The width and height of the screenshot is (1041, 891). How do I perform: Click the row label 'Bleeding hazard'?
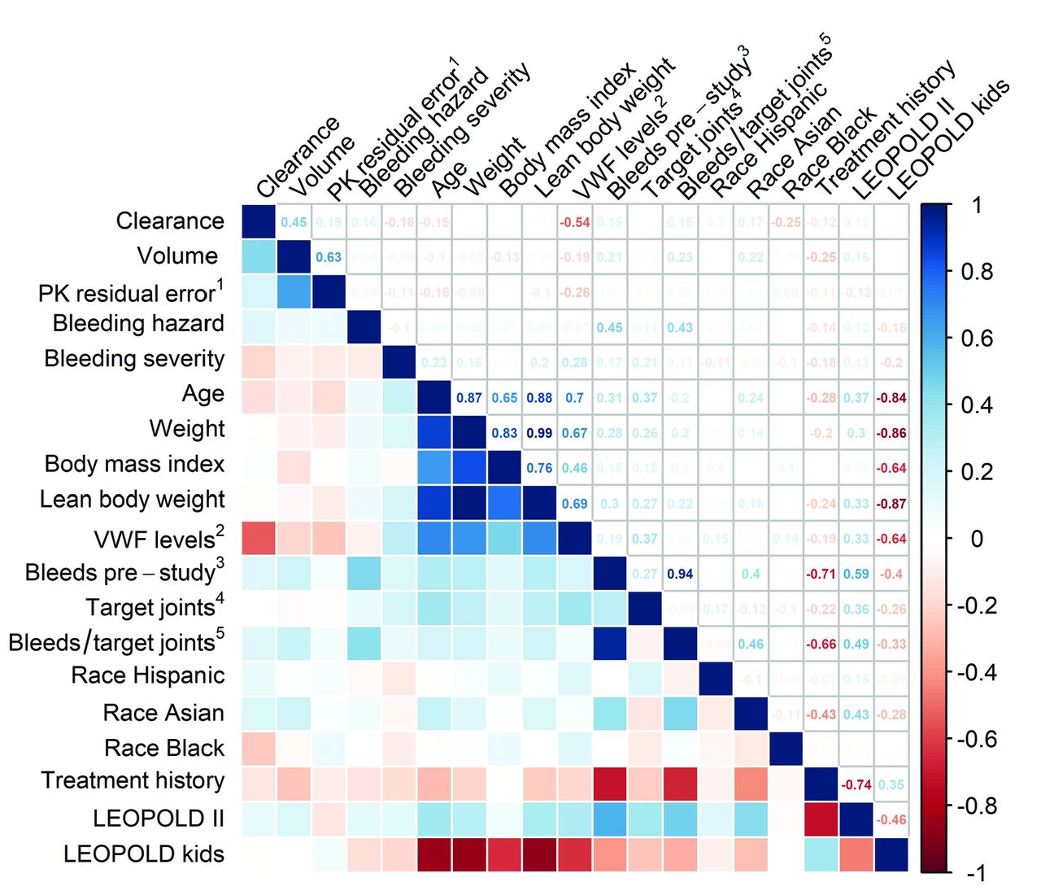click(x=138, y=324)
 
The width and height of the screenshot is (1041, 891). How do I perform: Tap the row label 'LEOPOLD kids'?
click(x=144, y=854)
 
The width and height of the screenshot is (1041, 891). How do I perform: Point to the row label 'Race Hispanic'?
click(x=148, y=675)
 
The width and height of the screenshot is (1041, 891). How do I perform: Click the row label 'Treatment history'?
click(x=133, y=781)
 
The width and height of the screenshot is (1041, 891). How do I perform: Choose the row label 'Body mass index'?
click(x=134, y=465)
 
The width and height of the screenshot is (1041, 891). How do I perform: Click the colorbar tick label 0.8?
click(x=976, y=272)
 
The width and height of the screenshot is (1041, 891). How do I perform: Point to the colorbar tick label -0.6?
click(x=976, y=740)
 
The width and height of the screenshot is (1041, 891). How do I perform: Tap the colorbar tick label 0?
click(x=977, y=539)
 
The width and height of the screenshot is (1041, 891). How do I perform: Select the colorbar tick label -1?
click(x=977, y=874)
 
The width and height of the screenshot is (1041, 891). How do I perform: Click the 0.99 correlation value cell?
click(x=539, y=433)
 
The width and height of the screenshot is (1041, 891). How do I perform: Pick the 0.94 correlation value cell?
click(x=680, y=574)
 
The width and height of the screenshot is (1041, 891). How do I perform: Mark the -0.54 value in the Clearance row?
click(x=575, y=222)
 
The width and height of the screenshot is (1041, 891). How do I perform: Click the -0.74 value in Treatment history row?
click(x=856, y=785)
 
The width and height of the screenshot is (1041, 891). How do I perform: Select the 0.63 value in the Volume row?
click(x=329, y=257)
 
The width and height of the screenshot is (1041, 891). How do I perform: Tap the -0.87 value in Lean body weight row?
click(x=891, y=504)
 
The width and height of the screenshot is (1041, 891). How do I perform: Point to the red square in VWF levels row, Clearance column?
click(x=259, y=538)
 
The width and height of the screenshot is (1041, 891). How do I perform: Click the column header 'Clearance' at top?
click(x=298, y=159)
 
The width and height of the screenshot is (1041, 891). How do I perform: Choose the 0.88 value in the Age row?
click(x=539, y=398)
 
